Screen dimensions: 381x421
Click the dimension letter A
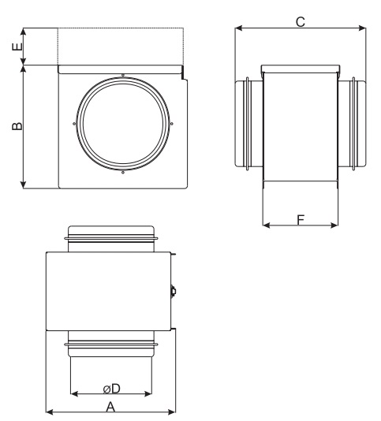pos(110,407)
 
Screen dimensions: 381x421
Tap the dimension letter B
pos(17,126)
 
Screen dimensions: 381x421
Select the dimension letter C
pos(301,22)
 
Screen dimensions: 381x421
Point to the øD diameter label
pos(112,389)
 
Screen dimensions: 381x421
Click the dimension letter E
pos(17,47)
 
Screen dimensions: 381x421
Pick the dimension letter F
pos(301,220)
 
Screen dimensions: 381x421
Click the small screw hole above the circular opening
pos(123,75)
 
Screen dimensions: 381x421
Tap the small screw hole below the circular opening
pos(123,173)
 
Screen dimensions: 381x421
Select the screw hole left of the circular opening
pos(74,124)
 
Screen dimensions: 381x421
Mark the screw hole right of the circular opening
pos(172,124)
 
